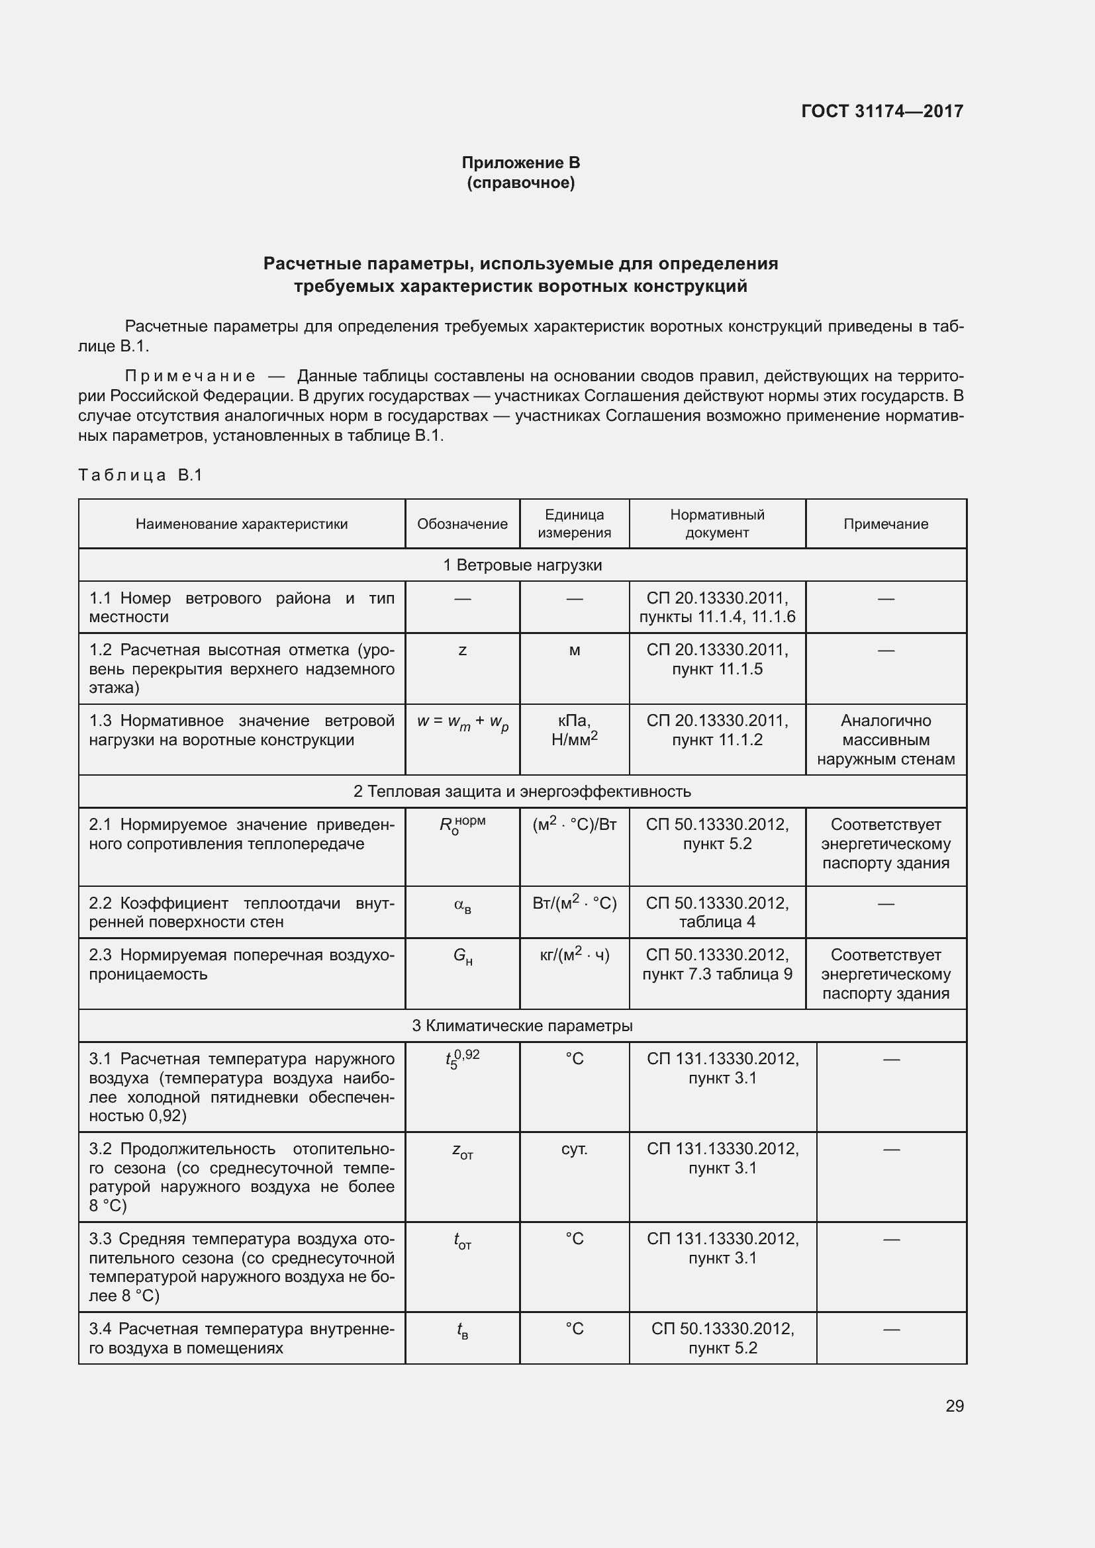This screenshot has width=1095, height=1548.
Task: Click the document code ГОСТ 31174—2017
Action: point(882,111)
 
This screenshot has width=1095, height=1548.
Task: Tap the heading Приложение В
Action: point(520,163)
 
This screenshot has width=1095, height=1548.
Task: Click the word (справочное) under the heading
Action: point(520,183)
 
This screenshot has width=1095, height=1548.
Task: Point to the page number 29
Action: point(954,1406)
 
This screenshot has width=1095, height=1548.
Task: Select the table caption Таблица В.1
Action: point(140,475)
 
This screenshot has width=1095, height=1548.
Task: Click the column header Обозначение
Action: point(462,524)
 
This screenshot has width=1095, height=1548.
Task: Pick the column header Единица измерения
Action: point(574,524)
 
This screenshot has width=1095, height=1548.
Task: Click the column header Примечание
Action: point(885,524)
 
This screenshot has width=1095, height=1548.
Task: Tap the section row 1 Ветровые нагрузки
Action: point(522,565)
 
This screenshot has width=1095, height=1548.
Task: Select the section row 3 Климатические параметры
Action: point(522,1025)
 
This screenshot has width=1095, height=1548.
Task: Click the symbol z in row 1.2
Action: point(462,651)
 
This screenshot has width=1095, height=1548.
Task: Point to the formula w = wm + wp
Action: point(463,722)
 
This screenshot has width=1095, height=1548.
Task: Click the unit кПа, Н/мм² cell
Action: point(574,731)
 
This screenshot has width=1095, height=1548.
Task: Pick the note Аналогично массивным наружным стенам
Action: point(885,740)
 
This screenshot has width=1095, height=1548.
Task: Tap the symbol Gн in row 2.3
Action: point(463,956)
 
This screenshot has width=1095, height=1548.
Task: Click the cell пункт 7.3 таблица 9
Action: point(717,974)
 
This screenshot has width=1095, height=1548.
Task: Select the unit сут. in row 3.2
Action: point(574,1149)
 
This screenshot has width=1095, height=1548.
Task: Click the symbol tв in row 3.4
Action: point(463,1330)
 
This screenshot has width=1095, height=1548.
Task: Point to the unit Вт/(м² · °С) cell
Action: point(574,903)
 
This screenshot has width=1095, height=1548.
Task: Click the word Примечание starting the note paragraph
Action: point(190,375)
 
